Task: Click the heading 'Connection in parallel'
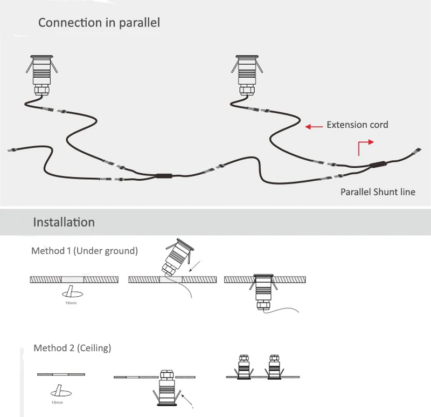99,23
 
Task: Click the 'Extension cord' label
357,125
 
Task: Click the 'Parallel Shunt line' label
378,192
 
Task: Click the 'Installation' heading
64,222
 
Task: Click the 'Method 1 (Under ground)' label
85,251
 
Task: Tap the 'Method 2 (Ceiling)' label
72,348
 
